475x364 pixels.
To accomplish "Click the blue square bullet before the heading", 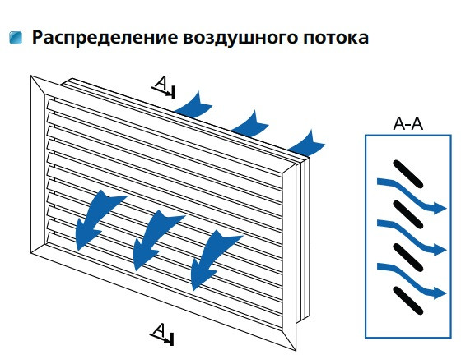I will click(16, 38).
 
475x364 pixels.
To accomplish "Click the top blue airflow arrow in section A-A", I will click(410, 196).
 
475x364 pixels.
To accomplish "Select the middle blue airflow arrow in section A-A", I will click(410, 237).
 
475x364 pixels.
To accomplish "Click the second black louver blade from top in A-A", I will click(407, 216).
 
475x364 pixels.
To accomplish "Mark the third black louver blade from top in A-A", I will click(407, 257).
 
